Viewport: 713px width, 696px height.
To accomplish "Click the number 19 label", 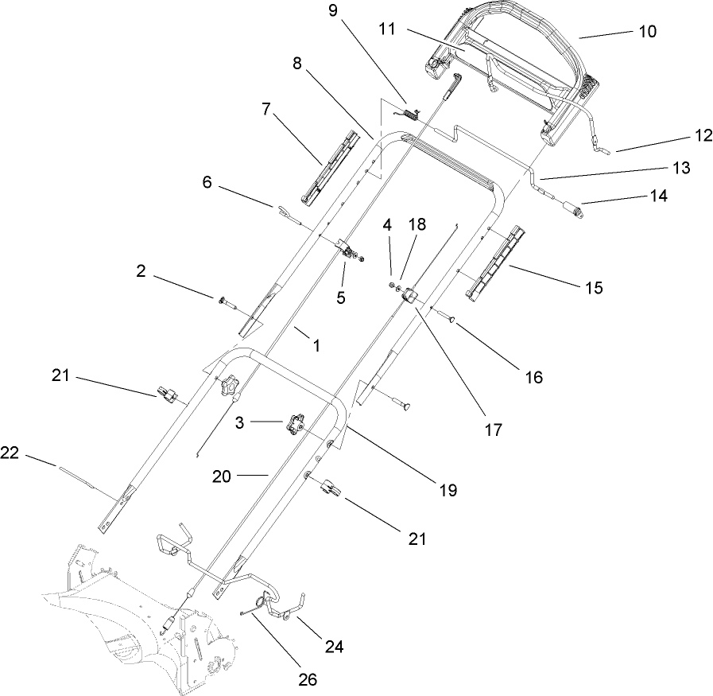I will [x=448, y=489].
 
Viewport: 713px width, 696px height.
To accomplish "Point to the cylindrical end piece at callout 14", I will [x=571, y=210].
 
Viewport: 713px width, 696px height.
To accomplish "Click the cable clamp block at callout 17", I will [x=410, y=296].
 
